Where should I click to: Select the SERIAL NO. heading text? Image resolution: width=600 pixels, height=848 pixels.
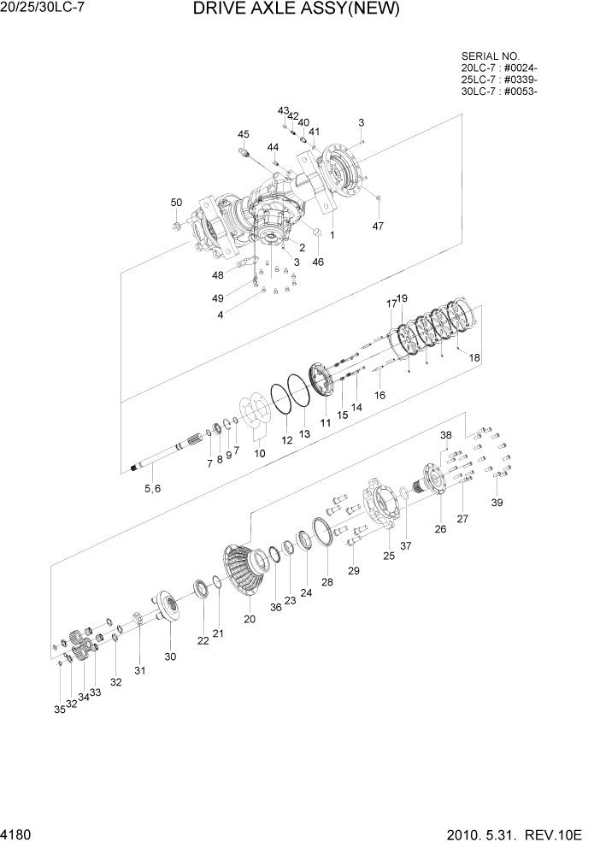pos(489,55)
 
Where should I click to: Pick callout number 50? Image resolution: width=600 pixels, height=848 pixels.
pos(176,203)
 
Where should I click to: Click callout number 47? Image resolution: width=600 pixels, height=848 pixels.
pos(378,226)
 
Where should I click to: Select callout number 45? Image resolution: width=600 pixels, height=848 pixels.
pos(244,134)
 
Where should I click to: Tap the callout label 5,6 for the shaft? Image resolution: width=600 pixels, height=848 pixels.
pos(151,488)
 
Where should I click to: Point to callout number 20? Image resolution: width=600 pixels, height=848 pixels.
pos(250,619)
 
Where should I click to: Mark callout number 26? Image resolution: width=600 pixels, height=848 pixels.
pos(440,529)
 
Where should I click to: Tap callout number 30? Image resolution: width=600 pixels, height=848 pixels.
pos(170,657)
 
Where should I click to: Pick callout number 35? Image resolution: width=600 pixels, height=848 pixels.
pos(59,710)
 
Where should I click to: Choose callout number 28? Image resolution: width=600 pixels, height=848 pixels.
pos(327,581)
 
